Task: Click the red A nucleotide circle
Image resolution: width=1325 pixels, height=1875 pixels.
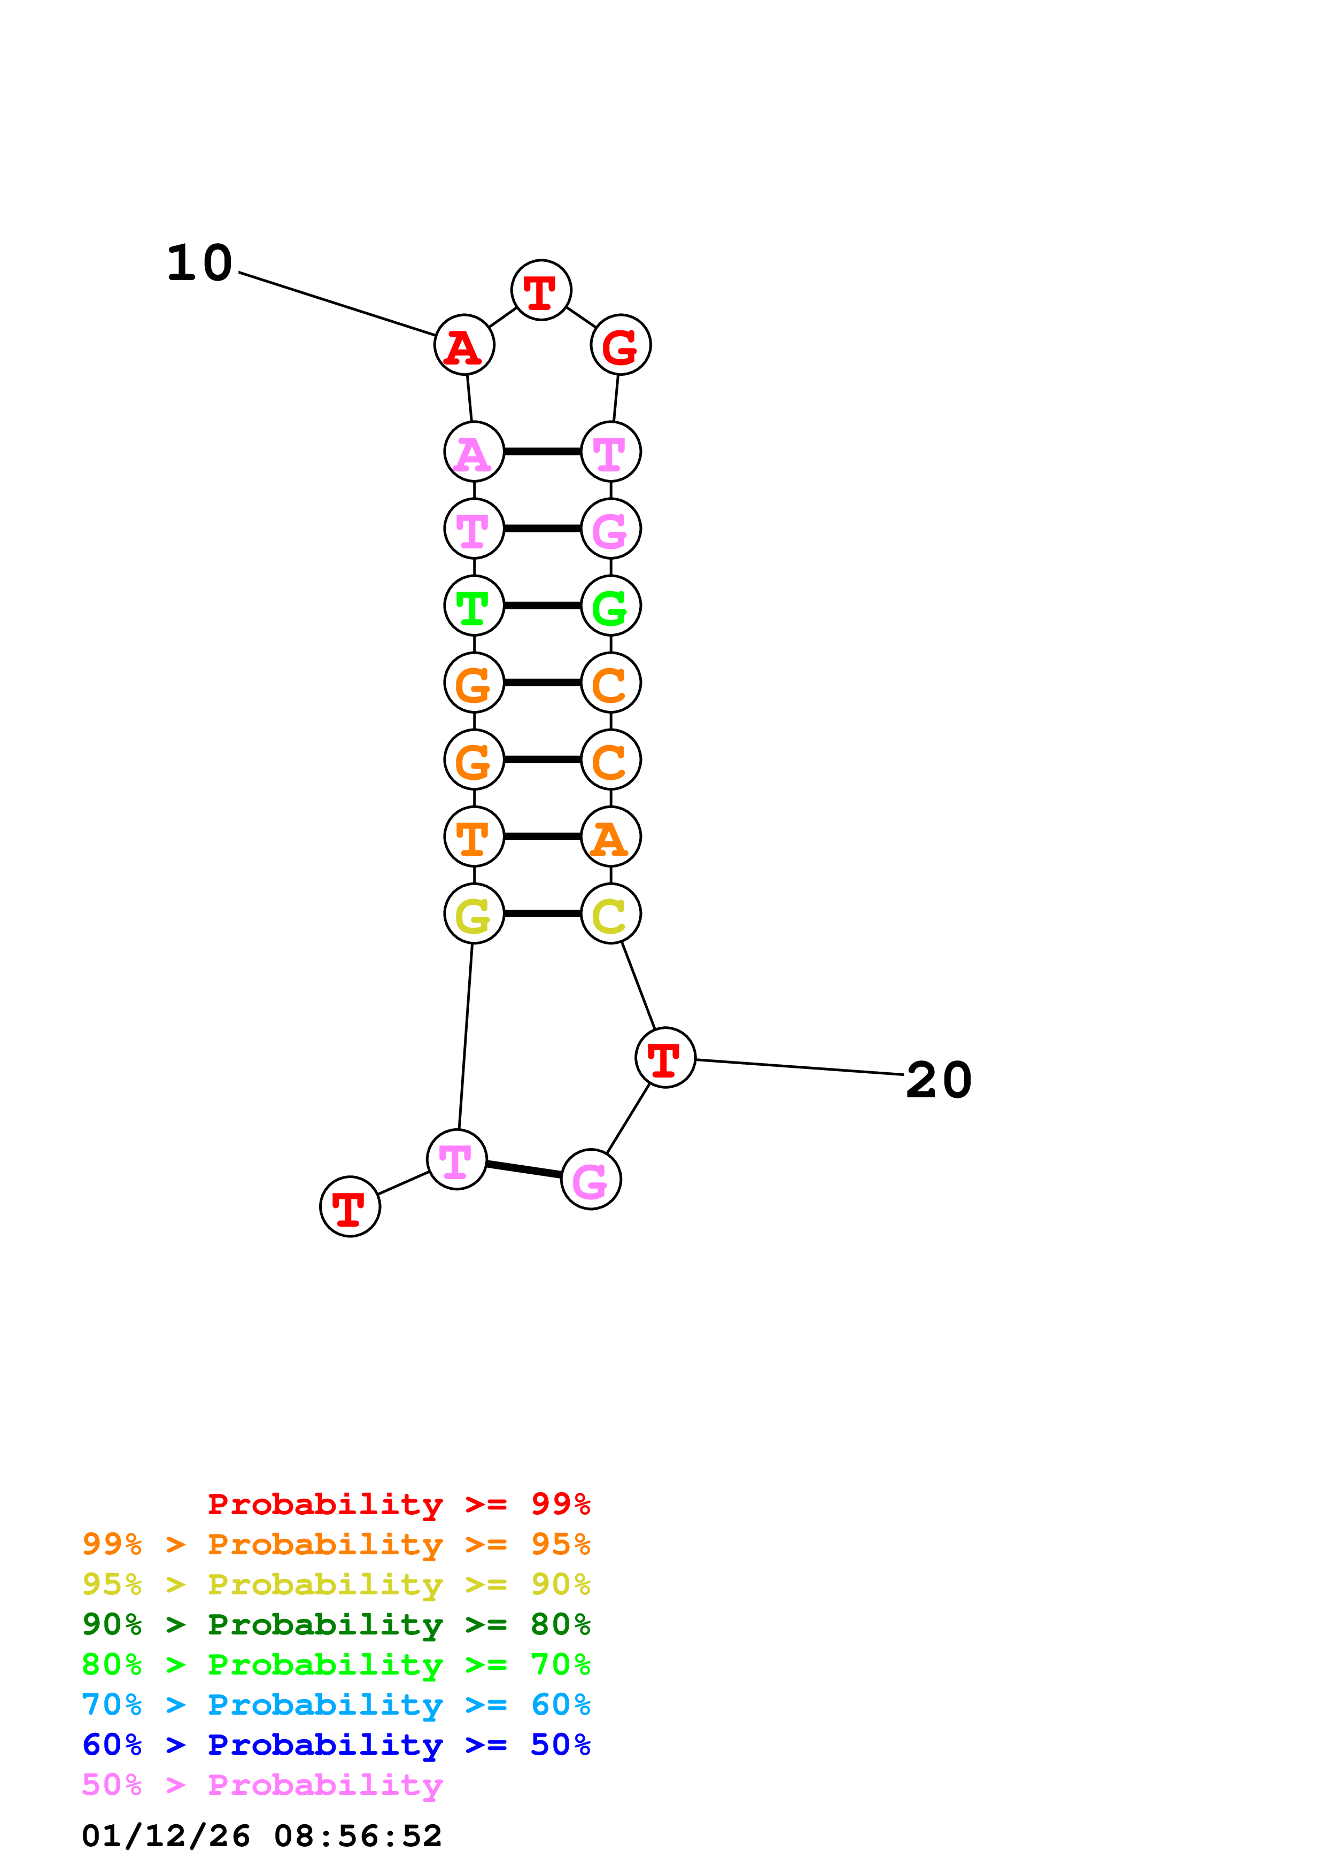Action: tap(464, 345)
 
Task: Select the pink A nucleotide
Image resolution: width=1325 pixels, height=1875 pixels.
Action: tap(474, 452)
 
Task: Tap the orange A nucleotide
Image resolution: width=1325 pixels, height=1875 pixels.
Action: tap(610, 836)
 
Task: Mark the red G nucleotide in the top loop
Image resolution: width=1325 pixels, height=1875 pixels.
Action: tap(621, 345)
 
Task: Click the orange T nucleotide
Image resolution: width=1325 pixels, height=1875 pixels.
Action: tap(474, 836)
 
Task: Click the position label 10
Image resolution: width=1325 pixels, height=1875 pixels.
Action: tap(200, 264)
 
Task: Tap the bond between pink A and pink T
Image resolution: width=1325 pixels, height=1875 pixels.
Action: tap(542, 452)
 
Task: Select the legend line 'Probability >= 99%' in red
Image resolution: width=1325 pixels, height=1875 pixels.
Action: tap(398, 1504)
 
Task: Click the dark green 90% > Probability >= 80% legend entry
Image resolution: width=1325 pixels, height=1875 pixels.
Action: tap(336, 1624)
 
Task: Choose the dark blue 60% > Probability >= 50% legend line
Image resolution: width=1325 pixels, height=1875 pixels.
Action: tap(336, 1745)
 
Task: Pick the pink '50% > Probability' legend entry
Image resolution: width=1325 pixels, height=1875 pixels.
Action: tap(262, 1785)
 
